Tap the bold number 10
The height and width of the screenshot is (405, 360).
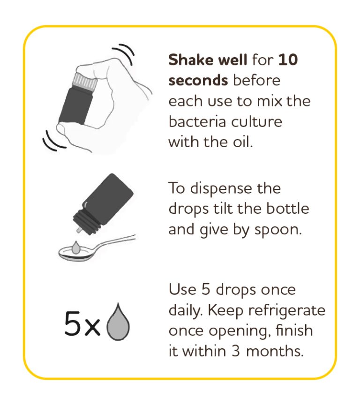tap(288, 60)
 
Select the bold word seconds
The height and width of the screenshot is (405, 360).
tap(198, 80)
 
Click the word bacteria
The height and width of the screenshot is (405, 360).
tap(197, 121)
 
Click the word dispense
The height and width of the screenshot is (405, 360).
tap(221, 189)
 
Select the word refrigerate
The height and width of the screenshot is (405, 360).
tap(287, 311)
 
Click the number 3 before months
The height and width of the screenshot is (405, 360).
tap(235, 351)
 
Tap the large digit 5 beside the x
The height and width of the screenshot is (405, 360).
tap(72, 323)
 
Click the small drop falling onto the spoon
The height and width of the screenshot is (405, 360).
tap(75, 247)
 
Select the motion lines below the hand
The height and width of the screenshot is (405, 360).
tap(53, 142)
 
